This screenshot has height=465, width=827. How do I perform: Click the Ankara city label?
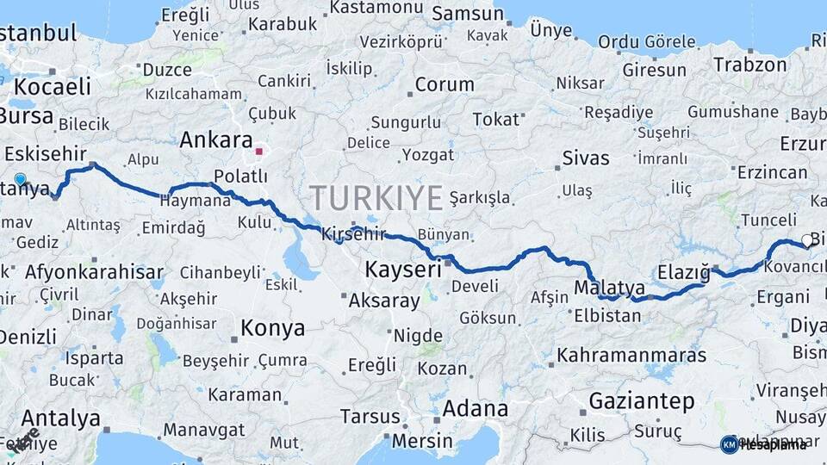pyautogui.click(x=216, y=140)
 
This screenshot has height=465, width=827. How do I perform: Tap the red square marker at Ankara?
pyautogui.click(x=258, y=152)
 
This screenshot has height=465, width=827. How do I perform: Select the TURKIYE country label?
pyautogui.click(x=376, y=198)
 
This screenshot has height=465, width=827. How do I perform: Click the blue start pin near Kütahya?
pyautogui.click(x=20, y=180)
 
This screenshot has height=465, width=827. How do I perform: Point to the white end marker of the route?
pyautogui.click(x=807, y=241)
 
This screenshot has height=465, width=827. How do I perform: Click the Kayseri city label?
pyautogui.click(x=403, y=269)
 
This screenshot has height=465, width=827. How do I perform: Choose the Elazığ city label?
pyautogui.click(x=683, y=273)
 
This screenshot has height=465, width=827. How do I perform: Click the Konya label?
pyautogui.click(x=272, y=328)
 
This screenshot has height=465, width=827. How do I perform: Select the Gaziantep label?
pyautogui.click(x=642, y=400)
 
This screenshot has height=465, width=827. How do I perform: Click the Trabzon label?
pyautogui.click(x=750, y=65)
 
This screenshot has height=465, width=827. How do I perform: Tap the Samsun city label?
pyautogui.click(x=468, y=14)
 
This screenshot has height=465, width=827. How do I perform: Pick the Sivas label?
pyautogui.click(x=586, y=158)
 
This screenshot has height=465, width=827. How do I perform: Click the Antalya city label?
pyautogui.click(x=50, y=419)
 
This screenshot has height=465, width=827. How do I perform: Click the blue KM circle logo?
pyautogui.click(x=729, y=444)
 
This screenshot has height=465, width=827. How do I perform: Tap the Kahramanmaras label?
pyautogui.click(x=631, y=355)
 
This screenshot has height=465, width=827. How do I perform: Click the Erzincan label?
pyautogui.click(x=773, y=172)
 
